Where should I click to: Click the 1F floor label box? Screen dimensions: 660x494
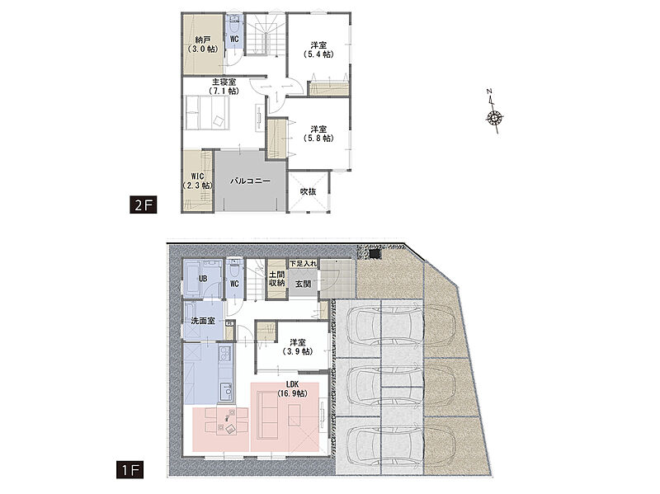[130, 470]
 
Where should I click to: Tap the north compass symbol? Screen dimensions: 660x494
[493, 112]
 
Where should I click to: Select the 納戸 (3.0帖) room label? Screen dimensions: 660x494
[202, 45]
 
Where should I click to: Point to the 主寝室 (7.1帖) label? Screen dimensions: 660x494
[224, 87]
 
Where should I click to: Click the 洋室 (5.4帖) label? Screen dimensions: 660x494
[318, 49]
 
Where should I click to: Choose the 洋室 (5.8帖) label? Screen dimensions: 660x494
[318, 134]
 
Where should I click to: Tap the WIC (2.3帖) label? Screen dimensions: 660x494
[197, 181]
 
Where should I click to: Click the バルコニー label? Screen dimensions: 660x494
[250, 181]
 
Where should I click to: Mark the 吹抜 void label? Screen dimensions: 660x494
[308, 191]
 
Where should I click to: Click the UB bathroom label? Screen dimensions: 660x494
[202, 279]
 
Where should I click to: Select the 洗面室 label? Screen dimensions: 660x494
[203, 321]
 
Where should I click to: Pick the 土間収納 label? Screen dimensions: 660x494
[276, 279]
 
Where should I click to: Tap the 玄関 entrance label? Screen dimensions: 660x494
[303, 284]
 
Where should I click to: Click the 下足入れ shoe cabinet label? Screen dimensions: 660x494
[303, 263]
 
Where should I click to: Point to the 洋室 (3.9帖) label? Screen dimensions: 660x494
[298, 347]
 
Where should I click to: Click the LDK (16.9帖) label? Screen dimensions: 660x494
[292, 389]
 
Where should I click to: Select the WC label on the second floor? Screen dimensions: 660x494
[234, 39]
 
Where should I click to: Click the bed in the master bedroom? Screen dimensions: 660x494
[207, 112]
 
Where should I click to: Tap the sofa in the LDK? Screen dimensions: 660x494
[267, 415]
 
